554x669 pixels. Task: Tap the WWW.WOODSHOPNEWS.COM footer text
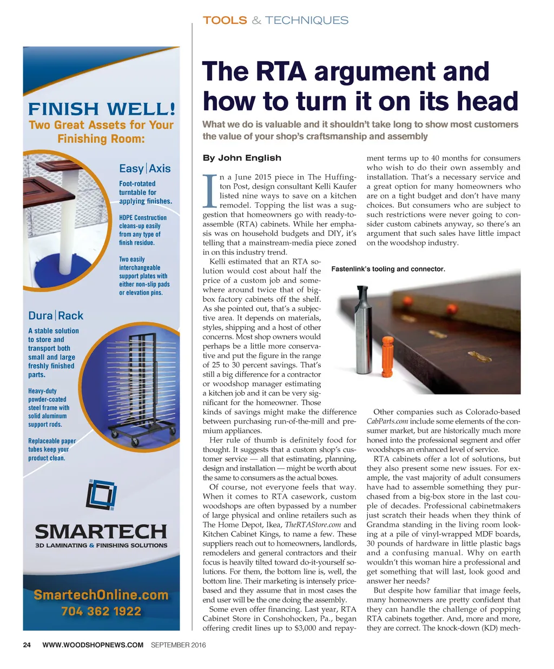tap(93, 645)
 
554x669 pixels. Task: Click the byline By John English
tap(242, 158)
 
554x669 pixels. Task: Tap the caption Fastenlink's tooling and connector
tap(388, 269)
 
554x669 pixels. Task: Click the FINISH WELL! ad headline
tap(102, 109)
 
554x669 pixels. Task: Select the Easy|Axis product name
tap(144, 168)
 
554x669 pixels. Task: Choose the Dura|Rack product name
tap(56, 315)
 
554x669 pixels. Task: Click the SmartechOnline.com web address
tap(101, 595)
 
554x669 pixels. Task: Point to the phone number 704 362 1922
tap(101, 612)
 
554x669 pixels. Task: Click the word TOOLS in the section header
tap(225, 21)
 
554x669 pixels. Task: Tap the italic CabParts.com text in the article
tap(386, 421)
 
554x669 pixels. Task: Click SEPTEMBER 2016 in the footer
tap(179, 645)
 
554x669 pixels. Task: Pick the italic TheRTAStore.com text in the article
tap(313, 525)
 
